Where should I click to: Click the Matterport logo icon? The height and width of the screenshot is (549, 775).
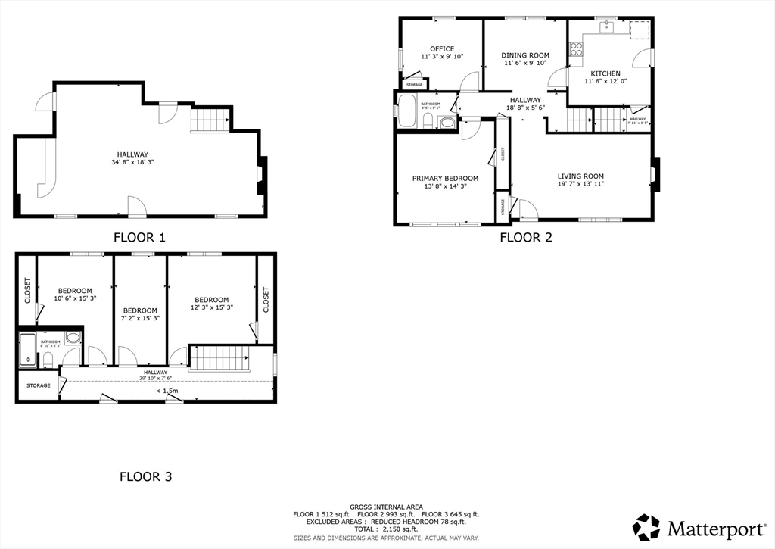coord(647,527)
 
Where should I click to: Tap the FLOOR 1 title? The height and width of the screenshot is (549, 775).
coord(139,237)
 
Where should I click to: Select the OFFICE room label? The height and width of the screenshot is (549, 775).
coord(442,49)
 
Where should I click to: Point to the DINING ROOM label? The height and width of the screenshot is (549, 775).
coord(525,55)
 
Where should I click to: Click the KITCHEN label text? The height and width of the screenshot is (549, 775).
coord(605,73)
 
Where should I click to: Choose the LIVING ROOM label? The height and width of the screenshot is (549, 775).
coord(580,176)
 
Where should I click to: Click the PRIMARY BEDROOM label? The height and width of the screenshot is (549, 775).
coord(445,179)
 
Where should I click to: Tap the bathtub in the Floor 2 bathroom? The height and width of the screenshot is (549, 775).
coord(406,111)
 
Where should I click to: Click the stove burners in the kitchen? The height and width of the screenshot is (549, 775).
coord(576,49)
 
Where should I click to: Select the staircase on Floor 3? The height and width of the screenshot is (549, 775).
coord(219,357)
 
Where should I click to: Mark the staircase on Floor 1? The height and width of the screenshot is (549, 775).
coord(210,120)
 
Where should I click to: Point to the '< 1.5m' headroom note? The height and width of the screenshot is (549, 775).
coord(167,391)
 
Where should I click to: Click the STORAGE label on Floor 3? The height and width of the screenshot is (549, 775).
coord(38,385)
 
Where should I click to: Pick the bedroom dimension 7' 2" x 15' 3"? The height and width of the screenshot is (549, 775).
coord(140,319)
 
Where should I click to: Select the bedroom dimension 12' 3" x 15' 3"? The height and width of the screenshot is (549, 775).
coord(212,307)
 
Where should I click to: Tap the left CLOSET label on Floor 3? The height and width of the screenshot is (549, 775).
coord(26,290)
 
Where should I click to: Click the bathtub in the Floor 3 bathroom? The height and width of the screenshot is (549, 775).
coord(27,349)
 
